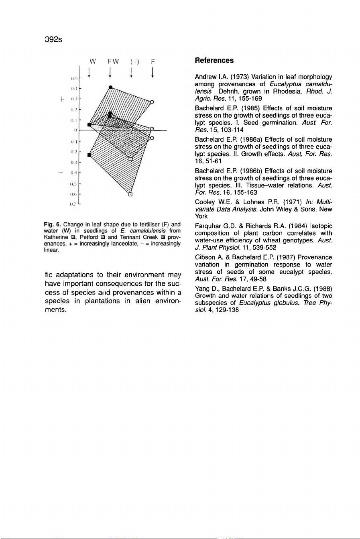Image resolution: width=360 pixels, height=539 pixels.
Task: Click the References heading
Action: [x=214, y=61]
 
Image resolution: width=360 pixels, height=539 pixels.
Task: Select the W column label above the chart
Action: [x=92, y=62]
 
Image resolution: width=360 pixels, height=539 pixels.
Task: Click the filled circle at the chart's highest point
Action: [x=110, y=87]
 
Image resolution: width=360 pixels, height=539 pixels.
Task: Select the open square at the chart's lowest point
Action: [x=130, y=195]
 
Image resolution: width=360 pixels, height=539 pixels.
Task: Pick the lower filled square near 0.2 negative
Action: [x=89, y=154]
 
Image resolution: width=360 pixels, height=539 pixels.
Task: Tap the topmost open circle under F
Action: [x=152, y=102]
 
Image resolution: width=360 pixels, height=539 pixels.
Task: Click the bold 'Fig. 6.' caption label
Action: [x=53, y=224]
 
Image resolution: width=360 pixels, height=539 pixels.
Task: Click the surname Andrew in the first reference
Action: [x=205, y=77]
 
